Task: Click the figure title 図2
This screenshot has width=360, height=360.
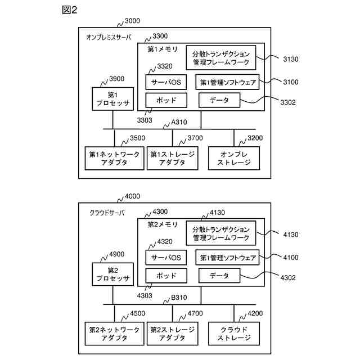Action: coord(69,10)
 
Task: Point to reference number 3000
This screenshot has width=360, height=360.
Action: coord(133,21)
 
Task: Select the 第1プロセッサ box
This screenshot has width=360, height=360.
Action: coord(112,99)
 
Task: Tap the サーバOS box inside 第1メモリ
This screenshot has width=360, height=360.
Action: coord(166,82)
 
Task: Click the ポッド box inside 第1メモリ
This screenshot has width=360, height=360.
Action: coord(166,100)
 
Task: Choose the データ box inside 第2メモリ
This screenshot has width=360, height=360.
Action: coord(219,276)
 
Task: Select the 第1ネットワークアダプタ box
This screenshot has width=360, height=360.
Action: coord(114,159)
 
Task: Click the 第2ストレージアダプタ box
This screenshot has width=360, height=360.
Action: coord(173,334)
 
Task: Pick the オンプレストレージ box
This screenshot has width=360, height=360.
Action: coord(234,159)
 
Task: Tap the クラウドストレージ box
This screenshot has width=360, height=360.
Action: coord(234,334)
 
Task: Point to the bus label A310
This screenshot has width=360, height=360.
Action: coord(179,122)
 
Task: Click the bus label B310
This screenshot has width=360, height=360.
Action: coord(179,298)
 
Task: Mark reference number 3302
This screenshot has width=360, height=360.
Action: coord(288,102)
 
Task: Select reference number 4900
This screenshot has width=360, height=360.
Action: coord(117,254)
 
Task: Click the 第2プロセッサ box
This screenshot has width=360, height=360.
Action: coord(112,274)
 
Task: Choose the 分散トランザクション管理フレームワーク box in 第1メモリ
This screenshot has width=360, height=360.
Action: coord(221,57)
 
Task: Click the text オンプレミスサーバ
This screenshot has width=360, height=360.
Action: coord(109,37)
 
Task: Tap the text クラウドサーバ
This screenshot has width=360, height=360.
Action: coord(107,213)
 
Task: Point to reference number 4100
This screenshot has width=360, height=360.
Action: coord(291,258)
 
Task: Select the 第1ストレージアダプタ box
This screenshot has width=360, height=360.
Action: coord(173,159)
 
